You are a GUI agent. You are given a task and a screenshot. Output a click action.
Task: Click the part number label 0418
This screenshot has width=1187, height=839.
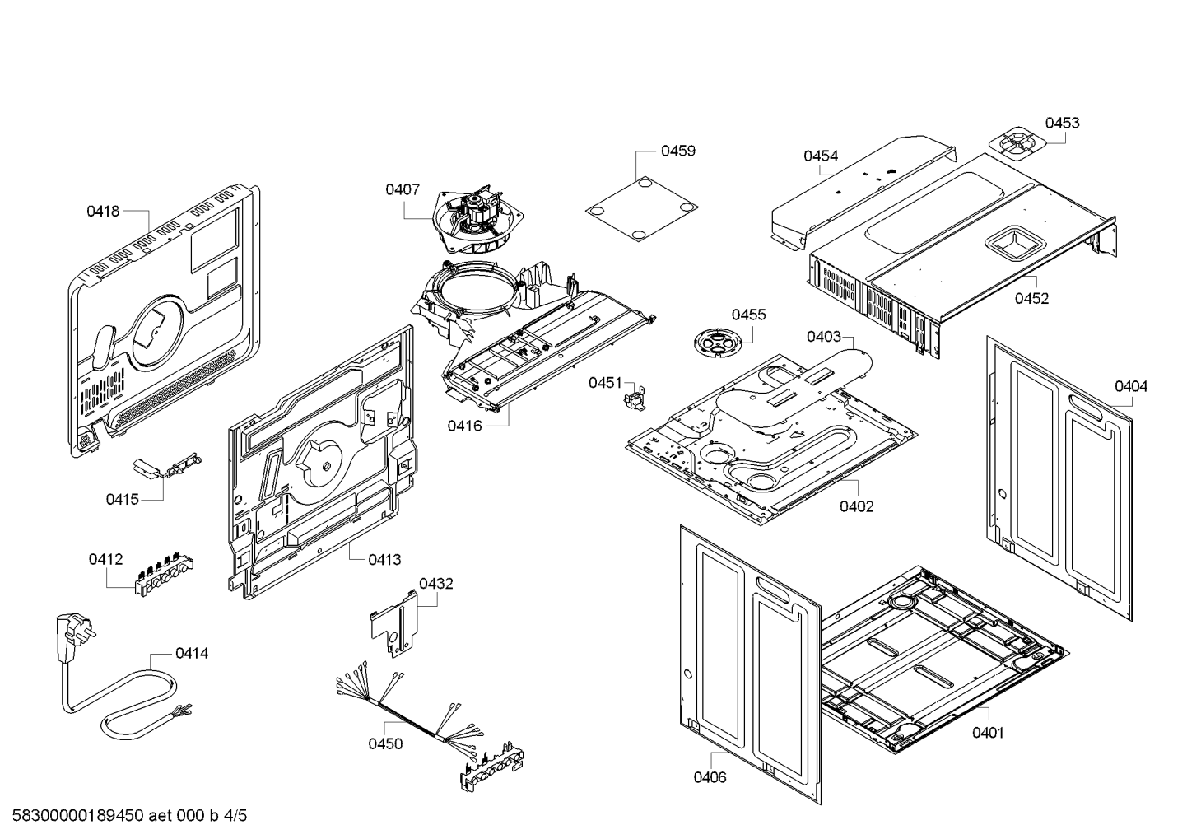coord(103,212)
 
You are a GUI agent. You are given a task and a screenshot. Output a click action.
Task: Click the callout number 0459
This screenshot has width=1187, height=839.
coord(677,151)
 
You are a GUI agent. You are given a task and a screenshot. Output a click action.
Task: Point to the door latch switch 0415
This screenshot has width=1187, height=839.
coord(169,468)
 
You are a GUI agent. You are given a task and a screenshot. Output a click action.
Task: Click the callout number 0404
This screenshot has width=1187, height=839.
coord(1131,386)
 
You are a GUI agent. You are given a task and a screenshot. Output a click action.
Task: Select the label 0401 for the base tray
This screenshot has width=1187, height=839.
coord(988,733)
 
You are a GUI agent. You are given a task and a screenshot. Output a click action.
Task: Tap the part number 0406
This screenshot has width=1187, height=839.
coord(710,777)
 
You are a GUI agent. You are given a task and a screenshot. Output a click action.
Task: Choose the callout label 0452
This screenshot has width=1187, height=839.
coord(1031,299)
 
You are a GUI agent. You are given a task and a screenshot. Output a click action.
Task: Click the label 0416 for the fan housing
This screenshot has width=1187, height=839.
coord(465,426)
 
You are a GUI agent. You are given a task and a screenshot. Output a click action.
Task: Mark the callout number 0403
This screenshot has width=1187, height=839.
coord(823,336)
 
